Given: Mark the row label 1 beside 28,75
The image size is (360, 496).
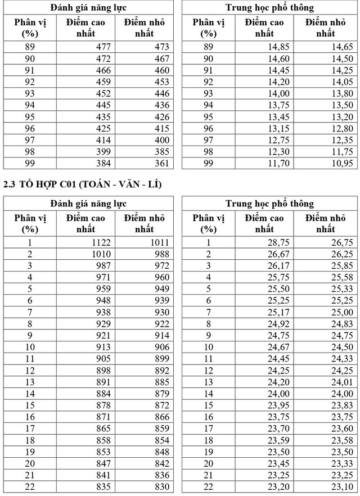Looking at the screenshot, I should click(x=208, y=242).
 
